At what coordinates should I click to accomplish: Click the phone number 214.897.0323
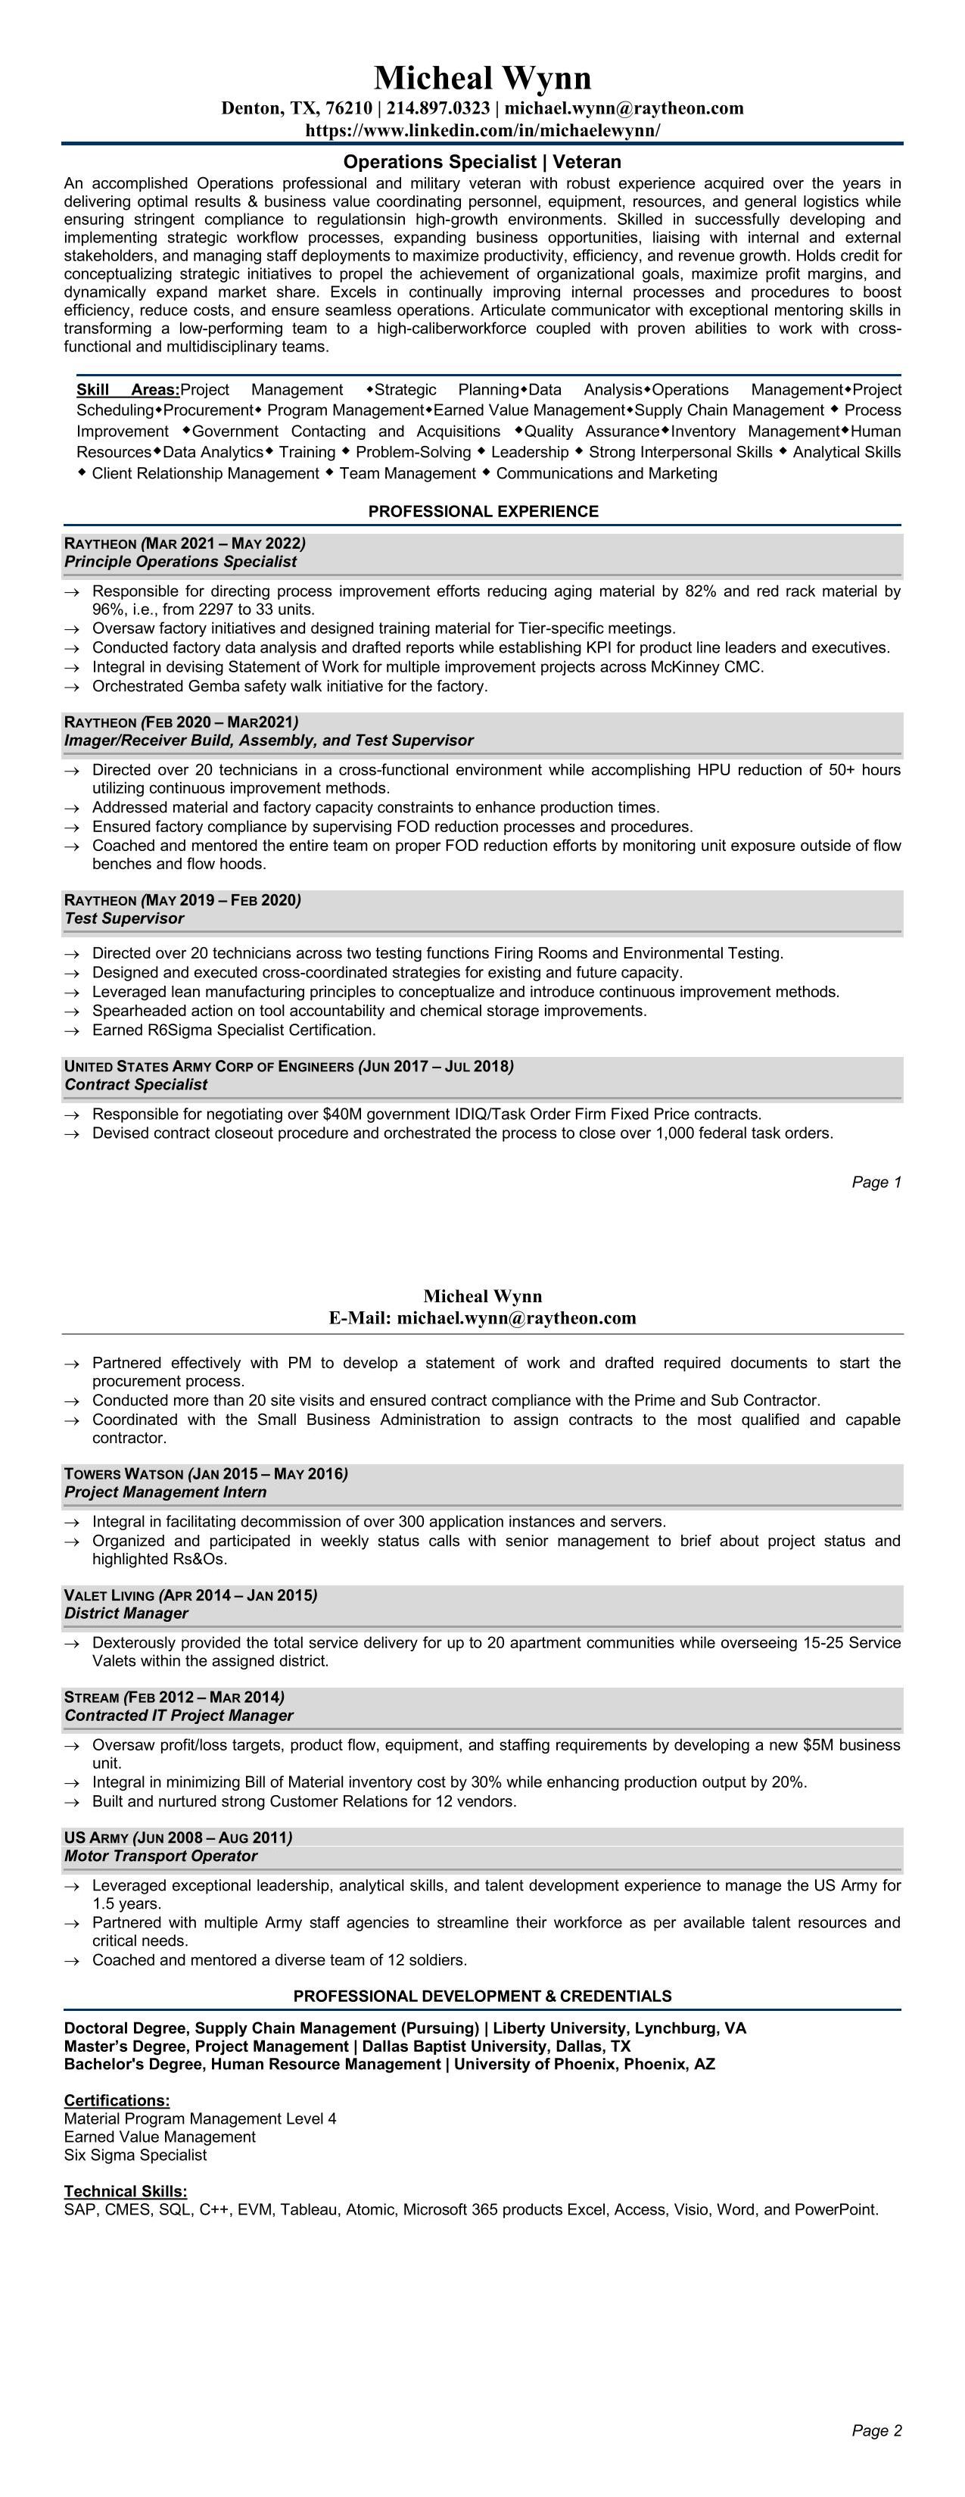tap(438, 108)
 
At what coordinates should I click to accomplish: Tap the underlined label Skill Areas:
tap(128, 390)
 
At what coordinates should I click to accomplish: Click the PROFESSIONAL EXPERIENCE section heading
tap(483, 511)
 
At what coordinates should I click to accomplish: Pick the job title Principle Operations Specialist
tap(180, 561)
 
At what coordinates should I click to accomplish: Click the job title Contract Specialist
tap(135, 1085)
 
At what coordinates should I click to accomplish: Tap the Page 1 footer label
tap(876, 1182)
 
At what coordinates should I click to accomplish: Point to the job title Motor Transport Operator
tap(160, 1855)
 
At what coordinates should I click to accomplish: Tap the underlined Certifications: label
tap(117, 2100)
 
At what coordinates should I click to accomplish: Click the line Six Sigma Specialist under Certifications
tap(135, 2155)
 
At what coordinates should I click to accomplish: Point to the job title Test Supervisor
tap(124, 918)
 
